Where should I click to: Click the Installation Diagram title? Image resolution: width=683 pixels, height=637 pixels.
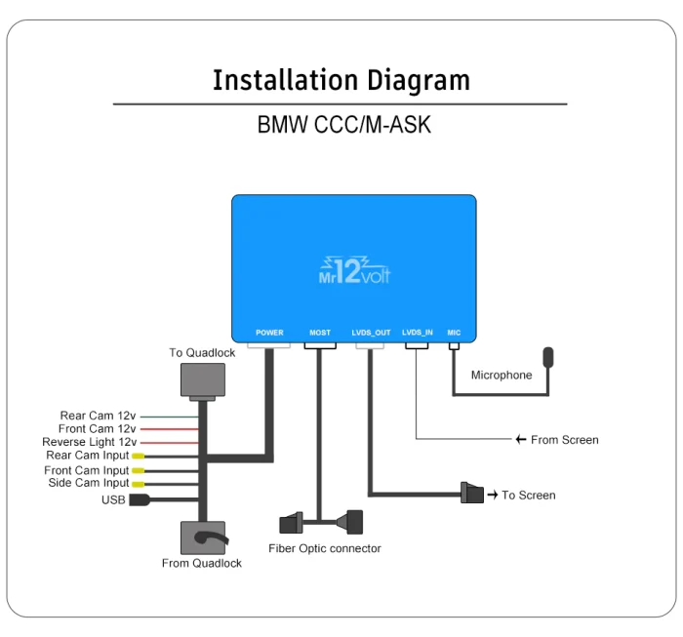coord(341,79)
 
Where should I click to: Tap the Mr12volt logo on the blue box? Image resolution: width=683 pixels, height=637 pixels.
coord(354,269)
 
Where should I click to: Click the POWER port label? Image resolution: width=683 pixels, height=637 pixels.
coord(269,333)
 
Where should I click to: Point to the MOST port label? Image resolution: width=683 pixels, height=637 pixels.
coord(320,333)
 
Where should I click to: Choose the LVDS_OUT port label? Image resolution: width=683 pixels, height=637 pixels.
coord(371,333)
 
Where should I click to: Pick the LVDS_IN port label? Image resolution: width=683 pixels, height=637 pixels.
coord(417,333)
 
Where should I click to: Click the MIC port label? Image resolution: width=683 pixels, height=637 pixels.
coord(454,333)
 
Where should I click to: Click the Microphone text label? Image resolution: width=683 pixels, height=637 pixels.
coord(502,375)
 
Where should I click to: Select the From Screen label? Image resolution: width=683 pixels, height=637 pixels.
coord(564,440)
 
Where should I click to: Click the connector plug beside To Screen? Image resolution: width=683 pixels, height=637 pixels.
coord(472,494)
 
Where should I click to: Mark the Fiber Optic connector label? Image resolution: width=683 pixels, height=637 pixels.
coord(325,548)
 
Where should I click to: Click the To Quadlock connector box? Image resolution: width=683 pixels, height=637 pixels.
coord(202,379)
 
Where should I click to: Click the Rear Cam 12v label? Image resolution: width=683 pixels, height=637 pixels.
coord(99,416)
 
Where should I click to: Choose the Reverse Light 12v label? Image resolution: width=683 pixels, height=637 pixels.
coord(92,442)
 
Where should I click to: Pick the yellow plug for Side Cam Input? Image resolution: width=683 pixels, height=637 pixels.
coord(139,484)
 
